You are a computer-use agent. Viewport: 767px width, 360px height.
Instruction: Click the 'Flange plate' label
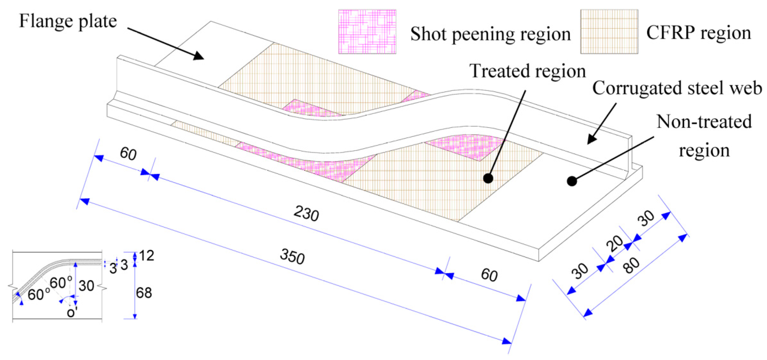coord(68,21)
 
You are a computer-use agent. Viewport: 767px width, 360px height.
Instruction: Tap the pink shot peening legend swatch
coord(367,32)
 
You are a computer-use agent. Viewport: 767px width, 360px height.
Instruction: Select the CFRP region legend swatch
coord(609,32)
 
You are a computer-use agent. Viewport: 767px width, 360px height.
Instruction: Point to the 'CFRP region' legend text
coord(698,33)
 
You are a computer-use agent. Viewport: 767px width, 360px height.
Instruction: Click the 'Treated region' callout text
coord(527,72)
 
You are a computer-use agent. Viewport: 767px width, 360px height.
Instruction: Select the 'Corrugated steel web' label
coord(677,88)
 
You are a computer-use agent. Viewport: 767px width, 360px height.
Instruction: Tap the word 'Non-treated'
coord(704,122)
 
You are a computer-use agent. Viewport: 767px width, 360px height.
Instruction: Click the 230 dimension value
coord(306,214)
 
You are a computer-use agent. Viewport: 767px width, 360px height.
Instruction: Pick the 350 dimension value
coord(292,256)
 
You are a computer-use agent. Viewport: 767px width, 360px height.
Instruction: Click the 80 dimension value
coord(631,265)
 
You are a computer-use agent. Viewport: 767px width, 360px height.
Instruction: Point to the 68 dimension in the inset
coord(144,293)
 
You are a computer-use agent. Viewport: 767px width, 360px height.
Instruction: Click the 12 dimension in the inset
coord(146,256)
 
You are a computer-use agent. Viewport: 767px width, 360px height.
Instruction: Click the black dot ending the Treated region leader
coord(488,178)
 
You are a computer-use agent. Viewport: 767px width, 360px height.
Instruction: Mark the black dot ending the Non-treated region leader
coord(572,181)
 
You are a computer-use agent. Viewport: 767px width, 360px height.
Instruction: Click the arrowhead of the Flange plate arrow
coord(199,56)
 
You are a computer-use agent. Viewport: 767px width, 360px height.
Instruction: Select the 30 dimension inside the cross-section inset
coord(86,286)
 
